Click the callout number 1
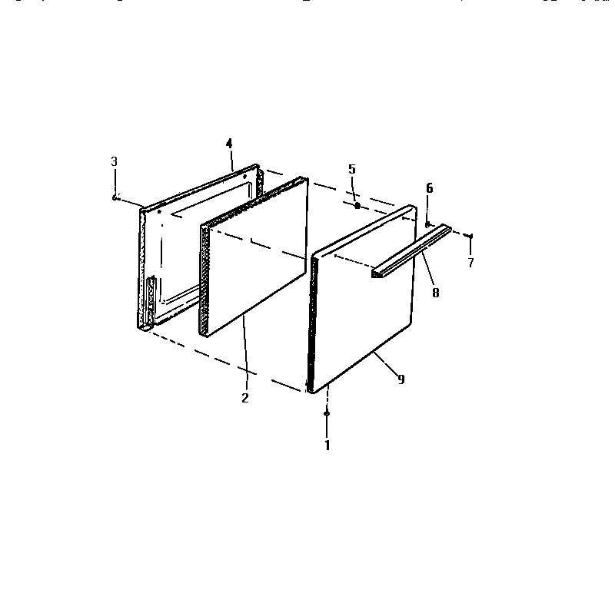point(327,445)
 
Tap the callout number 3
point(114,161)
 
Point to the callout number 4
point(228,144)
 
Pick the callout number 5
point(352,169)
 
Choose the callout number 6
point(429,187)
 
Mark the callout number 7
point(471,263)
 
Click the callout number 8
point(436,292)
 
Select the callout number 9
point(401,379)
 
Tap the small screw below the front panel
point(327,414)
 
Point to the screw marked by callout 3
point(114,197)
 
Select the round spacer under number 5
point(357,206)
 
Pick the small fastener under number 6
point(427,224)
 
